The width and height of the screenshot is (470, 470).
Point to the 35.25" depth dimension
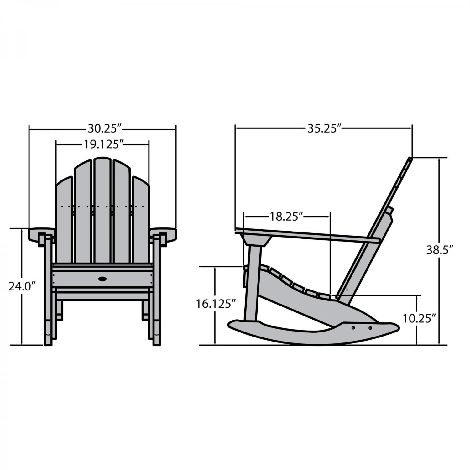pyautogui.click(x=324, y=128)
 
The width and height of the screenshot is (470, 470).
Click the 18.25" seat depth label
pyautogui.click(x=286, y=217)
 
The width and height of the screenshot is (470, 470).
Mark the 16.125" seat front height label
pyautogui.click(x=216, y=304)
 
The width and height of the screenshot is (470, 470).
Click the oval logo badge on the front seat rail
pyautogui.click(x=102, y=279)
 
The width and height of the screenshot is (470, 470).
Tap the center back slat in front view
pyautogui.click(x=102, y=210)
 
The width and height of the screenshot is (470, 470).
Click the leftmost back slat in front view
pyautogui.click(x=64, y=219)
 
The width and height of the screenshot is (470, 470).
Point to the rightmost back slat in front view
pyautogui.click(x=141, y=219)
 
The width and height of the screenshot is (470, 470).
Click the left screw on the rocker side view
pyautogui.click(x=353, y=328)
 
